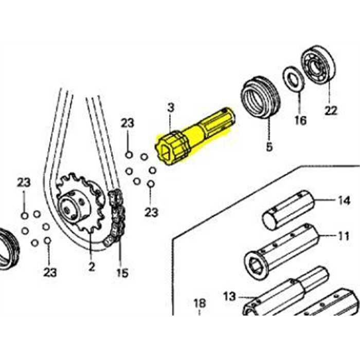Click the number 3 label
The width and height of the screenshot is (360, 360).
[171, 107]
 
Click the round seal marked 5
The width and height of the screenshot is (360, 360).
[260, 97]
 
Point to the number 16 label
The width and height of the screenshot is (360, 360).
[300, 121]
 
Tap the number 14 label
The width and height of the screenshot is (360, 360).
[344, 200]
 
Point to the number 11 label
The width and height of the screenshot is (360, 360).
[343, 237]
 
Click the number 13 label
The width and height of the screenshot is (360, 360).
[230, 296]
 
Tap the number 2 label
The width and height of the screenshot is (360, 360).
[92, 267]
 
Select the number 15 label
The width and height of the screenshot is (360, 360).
[122, 272]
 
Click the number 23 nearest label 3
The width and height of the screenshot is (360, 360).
[127, 123]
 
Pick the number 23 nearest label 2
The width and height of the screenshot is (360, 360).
[49, 272]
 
